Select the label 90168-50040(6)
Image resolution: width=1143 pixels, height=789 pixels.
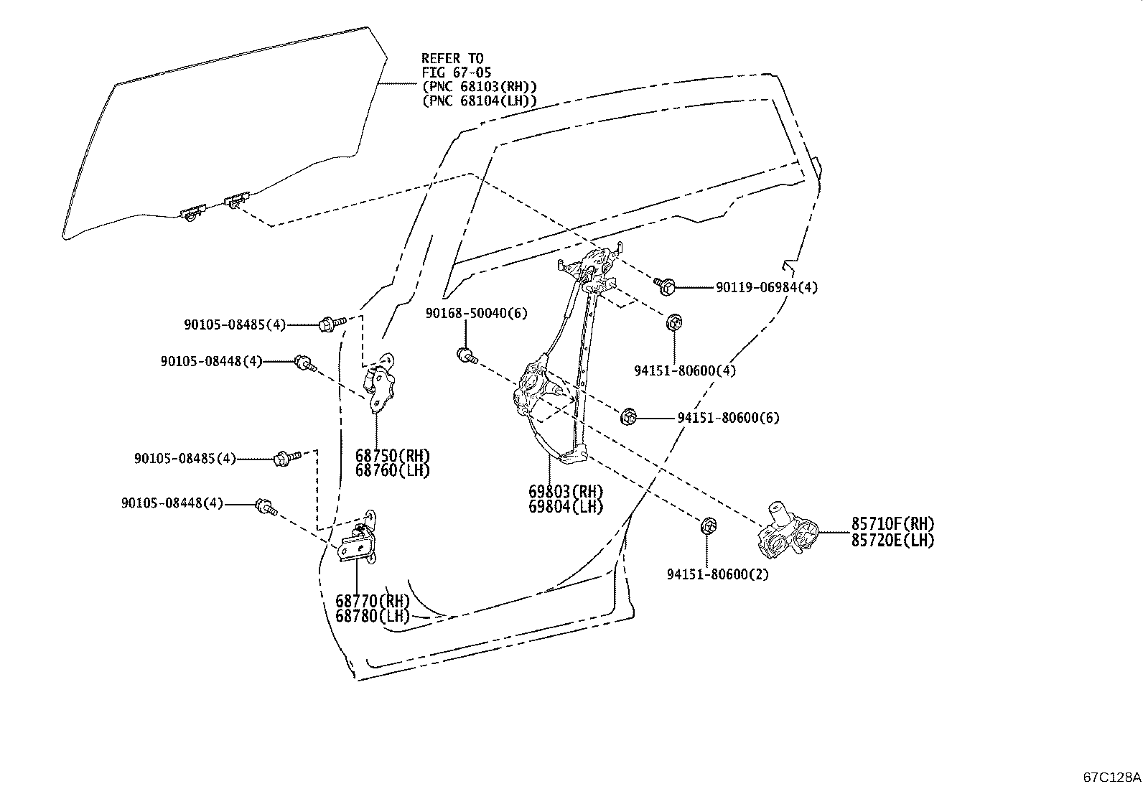click(476, 313)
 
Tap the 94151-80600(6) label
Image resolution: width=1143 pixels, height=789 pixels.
click(728, 417)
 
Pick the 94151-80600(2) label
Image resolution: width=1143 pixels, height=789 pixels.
click(717, 574)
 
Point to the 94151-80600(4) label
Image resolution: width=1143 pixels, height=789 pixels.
click(685, 370)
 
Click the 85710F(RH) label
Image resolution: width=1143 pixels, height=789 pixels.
click(893, 523)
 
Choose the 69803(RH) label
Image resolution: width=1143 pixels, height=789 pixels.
click(566, 492)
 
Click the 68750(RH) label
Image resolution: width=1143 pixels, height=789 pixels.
click(392, 455)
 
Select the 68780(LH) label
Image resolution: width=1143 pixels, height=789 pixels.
click(372, 616)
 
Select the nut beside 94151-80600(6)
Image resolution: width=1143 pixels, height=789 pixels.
click(629, 416)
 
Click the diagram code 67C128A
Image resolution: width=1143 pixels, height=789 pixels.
click(1111, 777)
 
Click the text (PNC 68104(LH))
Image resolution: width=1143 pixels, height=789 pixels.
click(479, 101)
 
